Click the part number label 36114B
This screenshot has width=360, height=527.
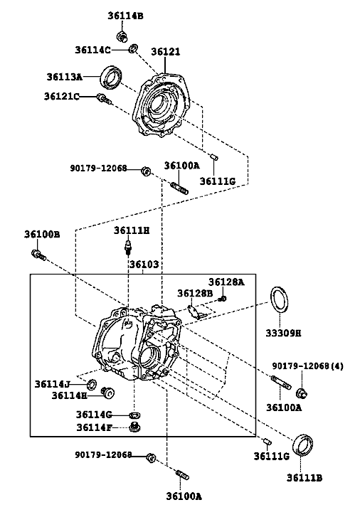pyautogui.click(x=125, y=16)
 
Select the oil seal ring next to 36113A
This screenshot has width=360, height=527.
pyautogui.click(x=112, y=78)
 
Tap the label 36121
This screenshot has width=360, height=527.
pyautogui.click(x=165, y=52)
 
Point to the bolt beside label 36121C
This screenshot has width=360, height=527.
pyautogui.click(x=104, y=99)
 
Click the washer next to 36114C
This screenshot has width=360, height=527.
pyautogui.click(x=133, y=48)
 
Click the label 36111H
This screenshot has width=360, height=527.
pyautogui.click(x=132, y=230)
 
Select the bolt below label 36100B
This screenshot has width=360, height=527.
pyautogui.click(x=38, y=255)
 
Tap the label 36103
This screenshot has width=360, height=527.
pyautogui.click(x=144, y=265)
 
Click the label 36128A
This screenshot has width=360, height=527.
pyautogui.click(x=226, y=282)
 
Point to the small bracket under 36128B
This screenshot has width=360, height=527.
pyautogui.click(x=195, y=311)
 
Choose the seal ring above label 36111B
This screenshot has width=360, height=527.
pyautogui.click(x=303, y=445)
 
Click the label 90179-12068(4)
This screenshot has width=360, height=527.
pyautogui.click(x=307, y=366)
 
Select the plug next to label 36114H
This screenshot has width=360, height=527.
pyautogui.click(x=107, y=392)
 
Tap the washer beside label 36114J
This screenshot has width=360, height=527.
pyautogui.click(x=92, y=383)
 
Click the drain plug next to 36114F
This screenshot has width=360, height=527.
pyautogui.click(x=135, y=427)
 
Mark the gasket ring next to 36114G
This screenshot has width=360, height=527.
pyautogui.click(x=134, y=415)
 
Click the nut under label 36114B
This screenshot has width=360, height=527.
pyautogui.click(x=122, y=36)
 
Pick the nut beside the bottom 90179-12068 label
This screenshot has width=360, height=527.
pyautogui.click(x=152, y=457)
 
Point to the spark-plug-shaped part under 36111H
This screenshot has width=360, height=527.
pyautogui.click(x=128, y=246)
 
